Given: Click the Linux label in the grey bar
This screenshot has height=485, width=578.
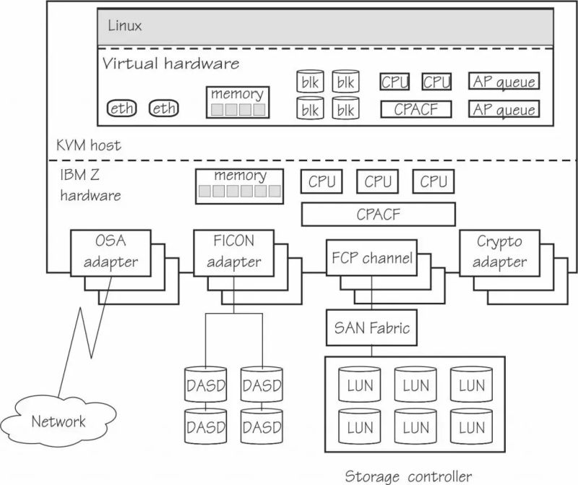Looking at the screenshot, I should (125, 26).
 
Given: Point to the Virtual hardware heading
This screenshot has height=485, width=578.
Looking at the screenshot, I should (171, 64).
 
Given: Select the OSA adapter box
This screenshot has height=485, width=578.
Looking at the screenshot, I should (111, 252).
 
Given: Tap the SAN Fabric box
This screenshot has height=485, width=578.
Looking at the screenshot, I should (371, 328).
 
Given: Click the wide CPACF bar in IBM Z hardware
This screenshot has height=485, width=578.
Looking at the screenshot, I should (378, 215).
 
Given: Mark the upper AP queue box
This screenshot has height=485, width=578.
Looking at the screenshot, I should (504, 82).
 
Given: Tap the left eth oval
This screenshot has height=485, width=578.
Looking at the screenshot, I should (122, 108).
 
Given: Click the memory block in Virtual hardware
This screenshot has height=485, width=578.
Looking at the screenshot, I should (236, 103).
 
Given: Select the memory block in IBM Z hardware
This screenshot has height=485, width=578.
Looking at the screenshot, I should (240, 184).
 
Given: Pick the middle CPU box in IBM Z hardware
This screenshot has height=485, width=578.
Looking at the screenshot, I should (377, 182).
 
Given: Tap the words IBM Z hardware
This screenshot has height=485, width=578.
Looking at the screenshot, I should (90, 185).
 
